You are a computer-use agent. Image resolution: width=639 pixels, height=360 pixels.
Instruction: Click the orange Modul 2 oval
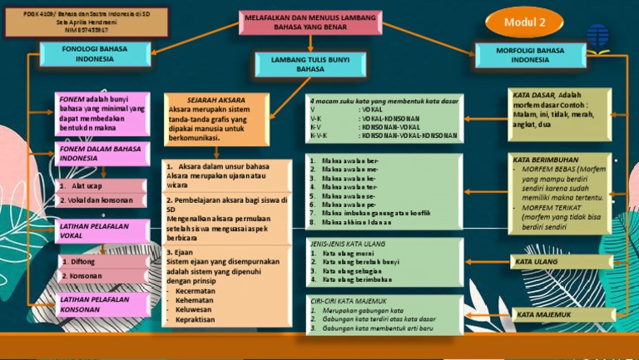pos(525,21)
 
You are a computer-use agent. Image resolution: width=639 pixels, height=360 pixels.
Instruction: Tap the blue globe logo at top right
pos(597,36)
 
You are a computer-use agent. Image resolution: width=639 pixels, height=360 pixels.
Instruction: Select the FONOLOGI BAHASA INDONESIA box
pos(95,55)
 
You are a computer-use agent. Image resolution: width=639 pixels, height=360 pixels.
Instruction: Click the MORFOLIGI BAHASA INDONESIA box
pos(530,55)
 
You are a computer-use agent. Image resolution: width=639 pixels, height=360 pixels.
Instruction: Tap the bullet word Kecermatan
pos(196,291)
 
